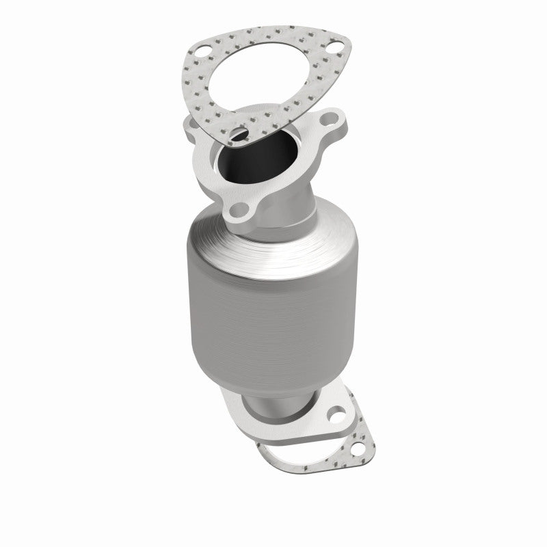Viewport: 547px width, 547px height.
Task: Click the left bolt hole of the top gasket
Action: click(201, 50)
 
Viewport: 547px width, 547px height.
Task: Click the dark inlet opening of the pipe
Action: click(267, 159)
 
